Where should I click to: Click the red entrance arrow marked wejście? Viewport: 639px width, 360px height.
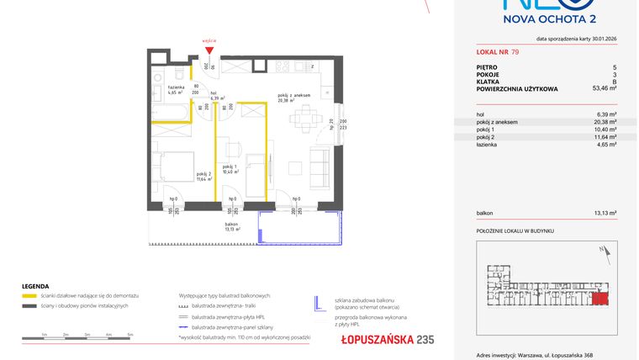pos(209,49)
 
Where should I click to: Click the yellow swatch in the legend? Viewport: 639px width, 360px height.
pos(29,297)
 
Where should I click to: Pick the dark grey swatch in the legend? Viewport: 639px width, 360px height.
pos(29,305)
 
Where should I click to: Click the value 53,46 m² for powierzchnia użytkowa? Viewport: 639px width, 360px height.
pos(605,87)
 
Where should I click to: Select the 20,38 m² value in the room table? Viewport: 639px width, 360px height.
pos(606,122)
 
